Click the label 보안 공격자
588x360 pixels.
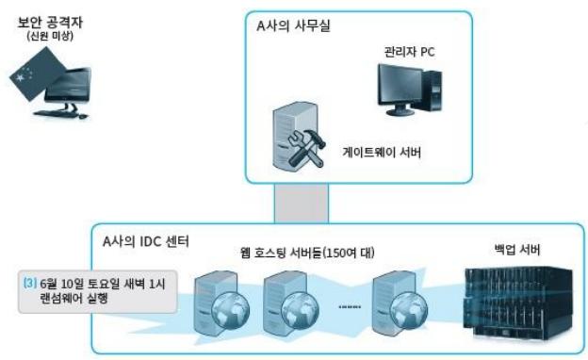pos(50,23)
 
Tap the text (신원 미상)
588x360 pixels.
pos(50,37)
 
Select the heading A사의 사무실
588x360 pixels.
pos(293,25)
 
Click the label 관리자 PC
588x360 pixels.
pos(409,52)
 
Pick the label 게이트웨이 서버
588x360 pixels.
pos(382,153)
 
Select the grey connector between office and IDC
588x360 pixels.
pos(302,204)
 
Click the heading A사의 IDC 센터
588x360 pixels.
pos(146,241)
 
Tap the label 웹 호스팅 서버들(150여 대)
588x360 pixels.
pos(307,253)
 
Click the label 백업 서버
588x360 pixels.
pos(517,250)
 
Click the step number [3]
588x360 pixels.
pos(30,283)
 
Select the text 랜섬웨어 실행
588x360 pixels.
pos(73,299)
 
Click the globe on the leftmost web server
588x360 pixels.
pos(230,311)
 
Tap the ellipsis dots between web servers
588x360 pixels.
pos(350,306)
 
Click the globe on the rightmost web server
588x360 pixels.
pos(409,311)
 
